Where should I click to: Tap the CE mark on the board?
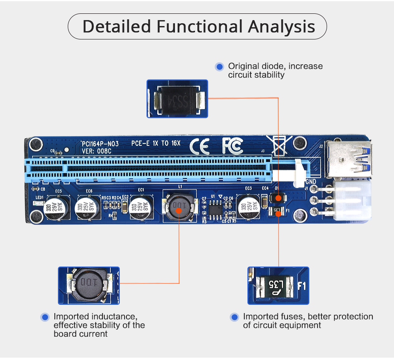pos(199,146)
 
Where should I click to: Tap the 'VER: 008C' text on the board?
pos(97,151)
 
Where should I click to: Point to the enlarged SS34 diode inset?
pos(177,99)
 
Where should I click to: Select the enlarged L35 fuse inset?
pos(278,285)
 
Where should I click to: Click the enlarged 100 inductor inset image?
pos(89,285)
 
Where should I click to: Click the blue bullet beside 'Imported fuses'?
pos(235,317)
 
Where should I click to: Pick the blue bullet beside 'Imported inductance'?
pos(45,317)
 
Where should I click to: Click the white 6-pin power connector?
pos(351,201)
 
